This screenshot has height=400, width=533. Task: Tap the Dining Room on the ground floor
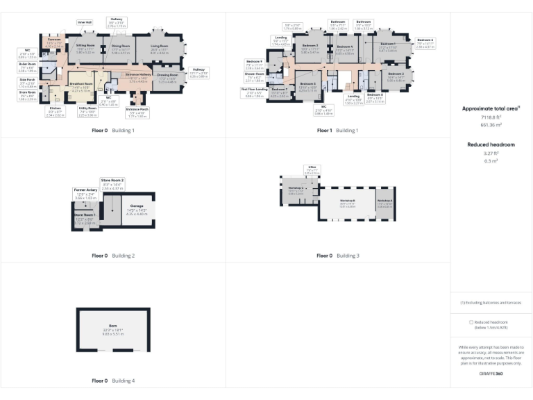[121, 49]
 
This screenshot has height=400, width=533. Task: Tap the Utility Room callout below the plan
[87, 111]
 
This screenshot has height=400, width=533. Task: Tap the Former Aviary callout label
[83, 195]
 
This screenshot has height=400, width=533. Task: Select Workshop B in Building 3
[347, 201]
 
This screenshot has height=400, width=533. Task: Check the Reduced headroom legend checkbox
[471, 322]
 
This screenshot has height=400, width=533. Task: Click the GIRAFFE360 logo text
[491, 374]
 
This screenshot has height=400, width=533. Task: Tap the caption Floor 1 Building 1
[337, 130]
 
